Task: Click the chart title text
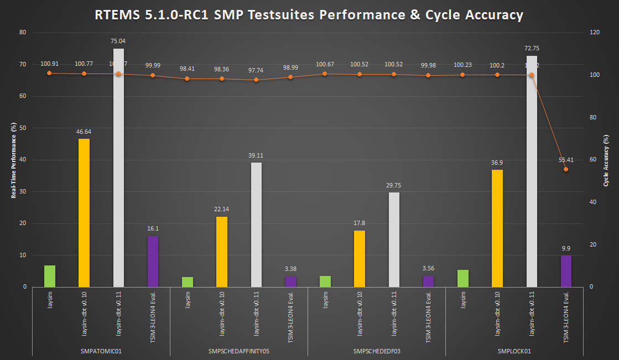click(x=309, y=15)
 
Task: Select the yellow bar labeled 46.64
click(x=84, y=213)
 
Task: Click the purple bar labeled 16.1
click(x=153, y=262)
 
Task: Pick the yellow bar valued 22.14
click(x=221, y=252)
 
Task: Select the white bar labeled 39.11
click(x=256, y=225)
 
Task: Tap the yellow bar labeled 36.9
click(x=497, y=228)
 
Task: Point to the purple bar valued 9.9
click(x=566, y=271)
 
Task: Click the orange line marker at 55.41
click(x=566, y=169)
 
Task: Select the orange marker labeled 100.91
click(x=49, y=73)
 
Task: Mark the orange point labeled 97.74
click(x=256, y=80)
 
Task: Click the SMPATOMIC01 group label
click(x=101, y=351)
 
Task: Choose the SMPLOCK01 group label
click(x=514, y=351)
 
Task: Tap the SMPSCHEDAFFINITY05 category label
click(x=238, y=351)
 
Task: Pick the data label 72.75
click(x=531, y=49)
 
